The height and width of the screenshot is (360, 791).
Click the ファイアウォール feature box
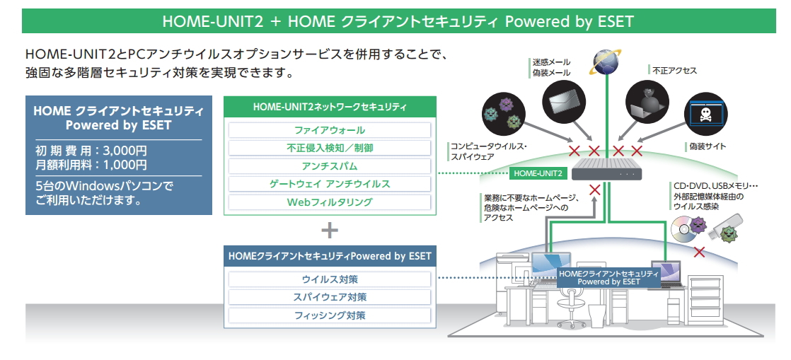(x=330, y=130)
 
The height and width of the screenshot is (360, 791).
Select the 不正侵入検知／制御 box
(x=330, y=149)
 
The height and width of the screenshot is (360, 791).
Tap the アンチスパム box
(x=330, y=166)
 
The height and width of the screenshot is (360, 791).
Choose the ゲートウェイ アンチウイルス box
(x=330, y=184)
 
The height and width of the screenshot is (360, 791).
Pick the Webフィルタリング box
(x=330, y=202)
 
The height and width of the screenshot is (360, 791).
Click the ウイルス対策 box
(x=330, y=279)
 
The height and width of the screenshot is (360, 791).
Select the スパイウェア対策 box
(x=330, y=297)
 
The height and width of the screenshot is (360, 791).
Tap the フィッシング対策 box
(x=330, y=315)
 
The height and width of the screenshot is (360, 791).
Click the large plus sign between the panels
(x=330, y=231)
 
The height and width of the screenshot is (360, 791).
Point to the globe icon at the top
(x=606, y=61)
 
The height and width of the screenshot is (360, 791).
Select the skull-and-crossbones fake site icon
(x=705, y=114)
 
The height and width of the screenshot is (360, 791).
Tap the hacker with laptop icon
(x=647, y=98)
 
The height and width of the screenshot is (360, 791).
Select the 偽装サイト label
(x=707, y=146)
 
